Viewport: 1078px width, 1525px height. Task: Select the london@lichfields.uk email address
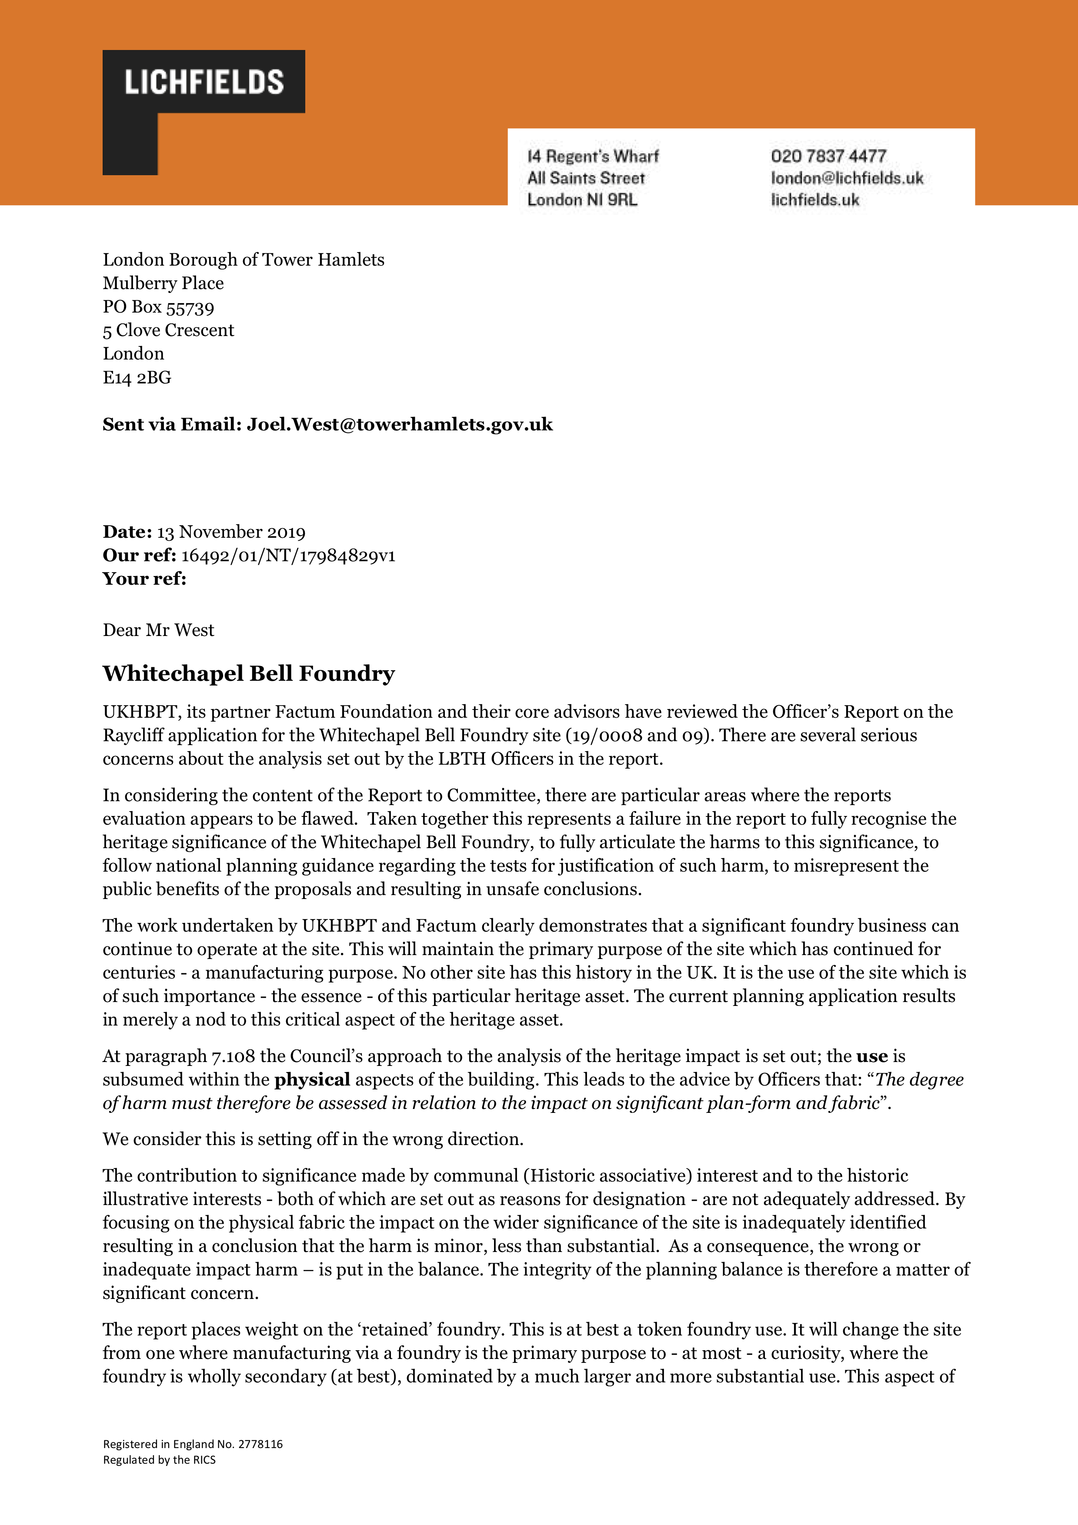847,178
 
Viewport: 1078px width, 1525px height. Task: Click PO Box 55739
158,307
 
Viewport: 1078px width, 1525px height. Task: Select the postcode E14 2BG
137,377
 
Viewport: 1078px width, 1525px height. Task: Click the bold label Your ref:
144,579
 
